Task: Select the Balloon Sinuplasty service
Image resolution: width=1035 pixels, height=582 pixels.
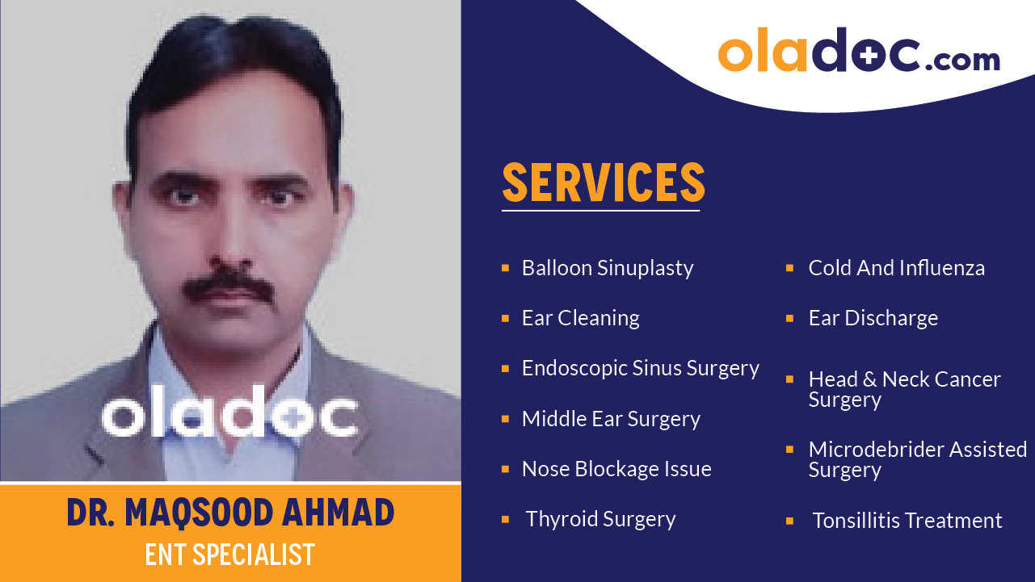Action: (x=608, y=268)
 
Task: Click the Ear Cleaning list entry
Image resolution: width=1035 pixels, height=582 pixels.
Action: (x=580, y=318)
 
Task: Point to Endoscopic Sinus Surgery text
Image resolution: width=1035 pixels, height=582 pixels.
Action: (x=640, y=368)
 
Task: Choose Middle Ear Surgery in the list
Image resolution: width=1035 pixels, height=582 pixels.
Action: (x=611, y=419)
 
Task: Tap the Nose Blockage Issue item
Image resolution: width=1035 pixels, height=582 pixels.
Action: (x=616, y=469)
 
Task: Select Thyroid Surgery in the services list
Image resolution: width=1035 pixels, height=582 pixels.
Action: (x=600, y=519)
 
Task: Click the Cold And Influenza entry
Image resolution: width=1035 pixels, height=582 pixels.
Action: (x=896, y=268)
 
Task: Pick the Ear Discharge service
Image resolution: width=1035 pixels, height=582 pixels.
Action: (x=873, y=318)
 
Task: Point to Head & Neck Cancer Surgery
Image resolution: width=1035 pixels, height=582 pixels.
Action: (x=904, y=389)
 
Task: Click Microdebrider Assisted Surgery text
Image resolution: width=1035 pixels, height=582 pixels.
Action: (x=917, y=459)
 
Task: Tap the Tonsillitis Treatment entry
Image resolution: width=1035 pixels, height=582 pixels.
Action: (x=907, y=521)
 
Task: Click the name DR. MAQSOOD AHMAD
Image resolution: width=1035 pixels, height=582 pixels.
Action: (x=230, y=513)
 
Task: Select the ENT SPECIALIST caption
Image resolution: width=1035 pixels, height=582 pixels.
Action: (x=230, y=555)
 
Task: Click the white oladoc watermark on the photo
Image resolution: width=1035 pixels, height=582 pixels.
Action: (x=229, y=416)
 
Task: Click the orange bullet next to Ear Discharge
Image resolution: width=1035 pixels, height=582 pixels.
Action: (x=790, y=318)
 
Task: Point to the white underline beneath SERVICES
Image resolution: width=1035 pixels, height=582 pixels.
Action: (x=600, y=211)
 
